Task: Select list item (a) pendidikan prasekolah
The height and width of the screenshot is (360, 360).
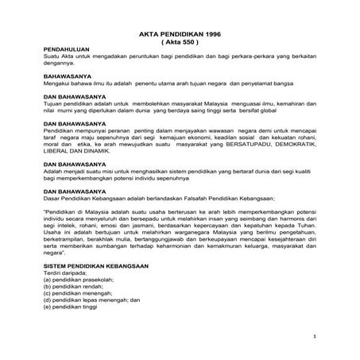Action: click(x=79, y=281)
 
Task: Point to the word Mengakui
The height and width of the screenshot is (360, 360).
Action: click(x=58, y=84)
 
